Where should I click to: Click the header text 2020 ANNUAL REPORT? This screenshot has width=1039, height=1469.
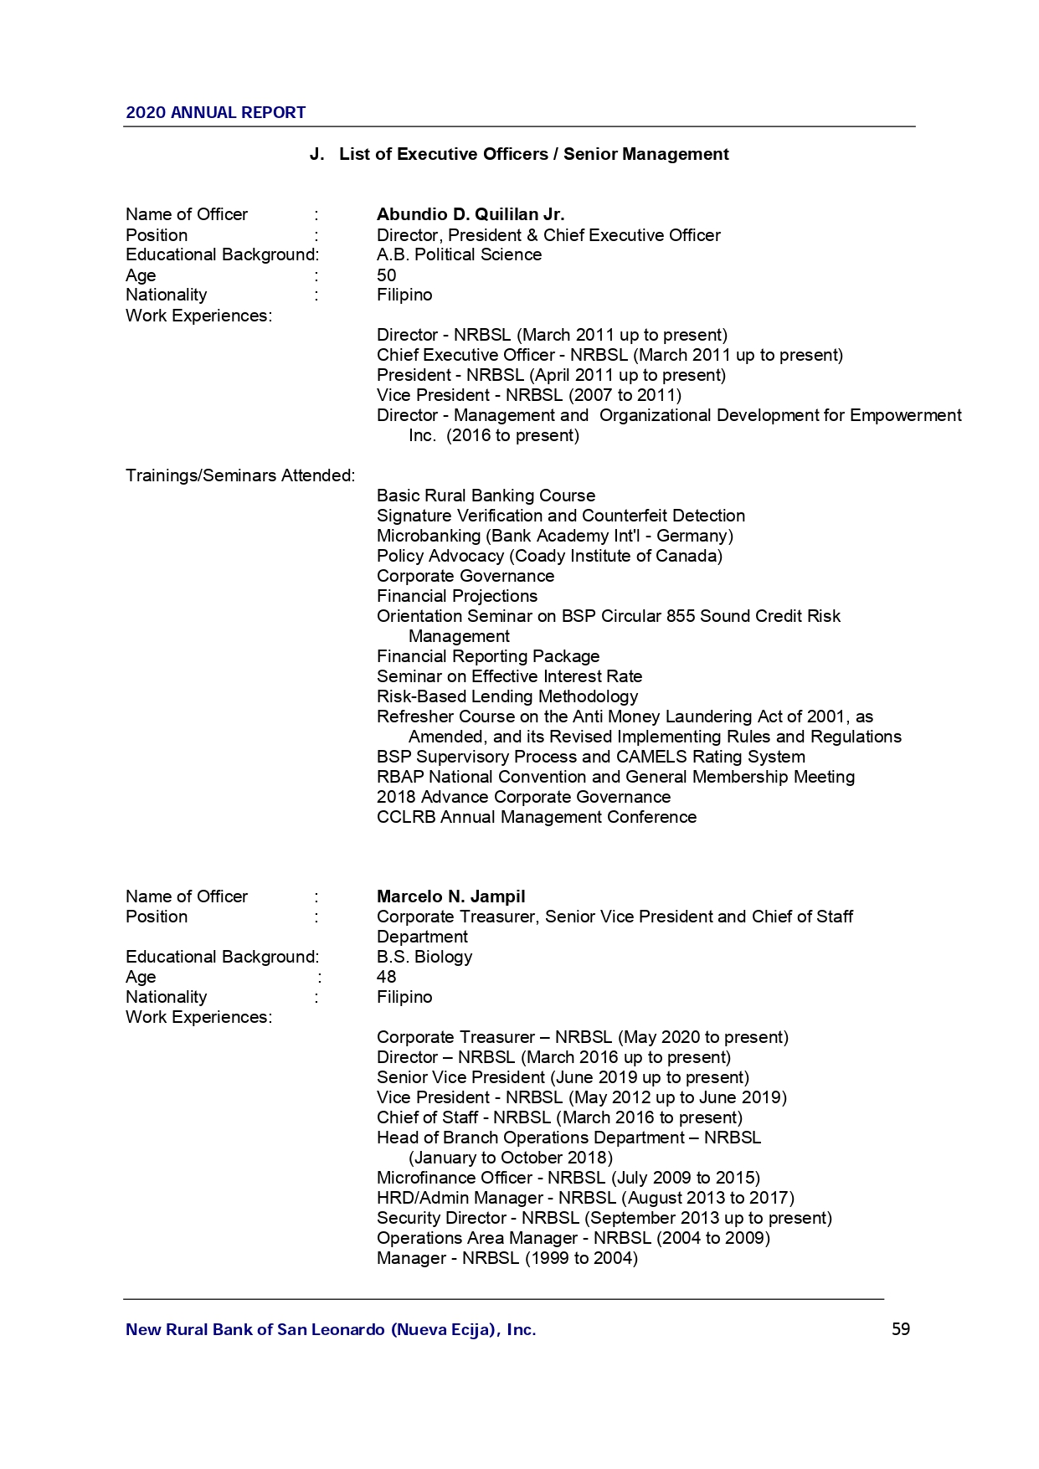[215, 112]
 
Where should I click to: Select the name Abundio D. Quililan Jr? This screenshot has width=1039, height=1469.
[470, 214]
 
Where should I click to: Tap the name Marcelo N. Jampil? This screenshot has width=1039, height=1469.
[450, 896]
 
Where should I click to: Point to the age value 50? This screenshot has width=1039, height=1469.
[386, 275]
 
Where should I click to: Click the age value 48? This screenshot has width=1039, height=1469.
[386, 977]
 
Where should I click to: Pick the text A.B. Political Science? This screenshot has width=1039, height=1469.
[459, 254]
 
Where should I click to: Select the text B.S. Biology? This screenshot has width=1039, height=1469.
[424, 957]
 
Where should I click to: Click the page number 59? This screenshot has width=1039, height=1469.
[900, 1329]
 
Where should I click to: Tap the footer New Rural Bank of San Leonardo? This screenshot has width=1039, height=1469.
[330, 1329]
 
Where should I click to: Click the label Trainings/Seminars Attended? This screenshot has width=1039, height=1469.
[239, 475]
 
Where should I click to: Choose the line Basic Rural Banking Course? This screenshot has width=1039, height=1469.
[486, 496]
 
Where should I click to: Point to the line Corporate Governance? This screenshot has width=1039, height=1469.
[465, 576]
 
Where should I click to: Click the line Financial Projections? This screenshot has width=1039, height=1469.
[456, 596]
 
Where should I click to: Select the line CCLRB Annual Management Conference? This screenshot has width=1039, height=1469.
[536, 817]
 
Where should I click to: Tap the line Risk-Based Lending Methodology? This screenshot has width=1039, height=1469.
[507, 696]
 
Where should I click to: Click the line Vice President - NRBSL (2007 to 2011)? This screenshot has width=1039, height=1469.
[528, 395]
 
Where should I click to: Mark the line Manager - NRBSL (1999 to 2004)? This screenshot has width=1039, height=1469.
[507, 1258]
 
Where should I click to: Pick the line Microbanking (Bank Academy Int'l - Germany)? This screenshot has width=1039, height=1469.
[554, 536]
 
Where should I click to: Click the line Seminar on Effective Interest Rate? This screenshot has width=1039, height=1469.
[509, 676]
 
